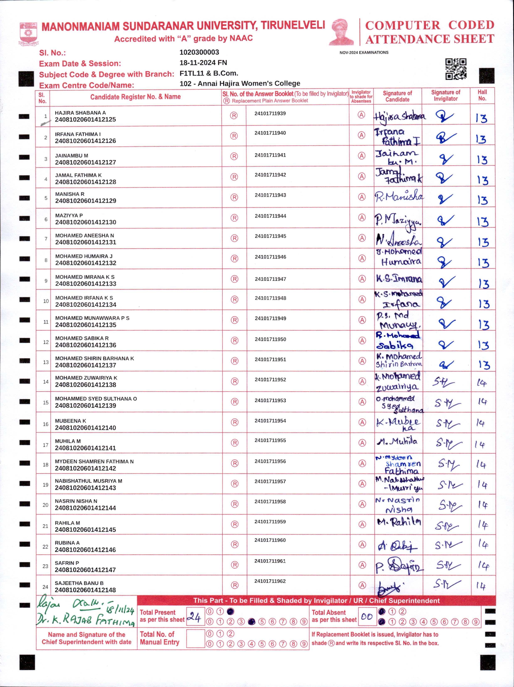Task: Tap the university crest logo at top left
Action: (x=28, y=33)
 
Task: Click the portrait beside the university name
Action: (x=341, y=32)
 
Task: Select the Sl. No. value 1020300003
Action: (x=199, y=52)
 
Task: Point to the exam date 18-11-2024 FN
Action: (x=203, y=63)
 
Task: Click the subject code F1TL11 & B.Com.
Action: (x=209, y=73)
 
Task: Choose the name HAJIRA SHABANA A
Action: (x=80, y=113)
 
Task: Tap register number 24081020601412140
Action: (x=85, y=428)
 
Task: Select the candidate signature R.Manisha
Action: (x=398, y=196)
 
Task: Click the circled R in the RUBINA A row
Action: (x=235, y=544)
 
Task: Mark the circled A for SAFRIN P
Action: (x=362, y=565)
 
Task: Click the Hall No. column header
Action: (x=482, y=95)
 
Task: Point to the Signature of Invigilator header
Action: (x=445, y=96)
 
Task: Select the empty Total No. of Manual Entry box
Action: (x=195, y=639)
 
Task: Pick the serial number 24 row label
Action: (x=45, y=587)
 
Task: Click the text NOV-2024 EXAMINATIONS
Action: (x=364, y=52)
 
